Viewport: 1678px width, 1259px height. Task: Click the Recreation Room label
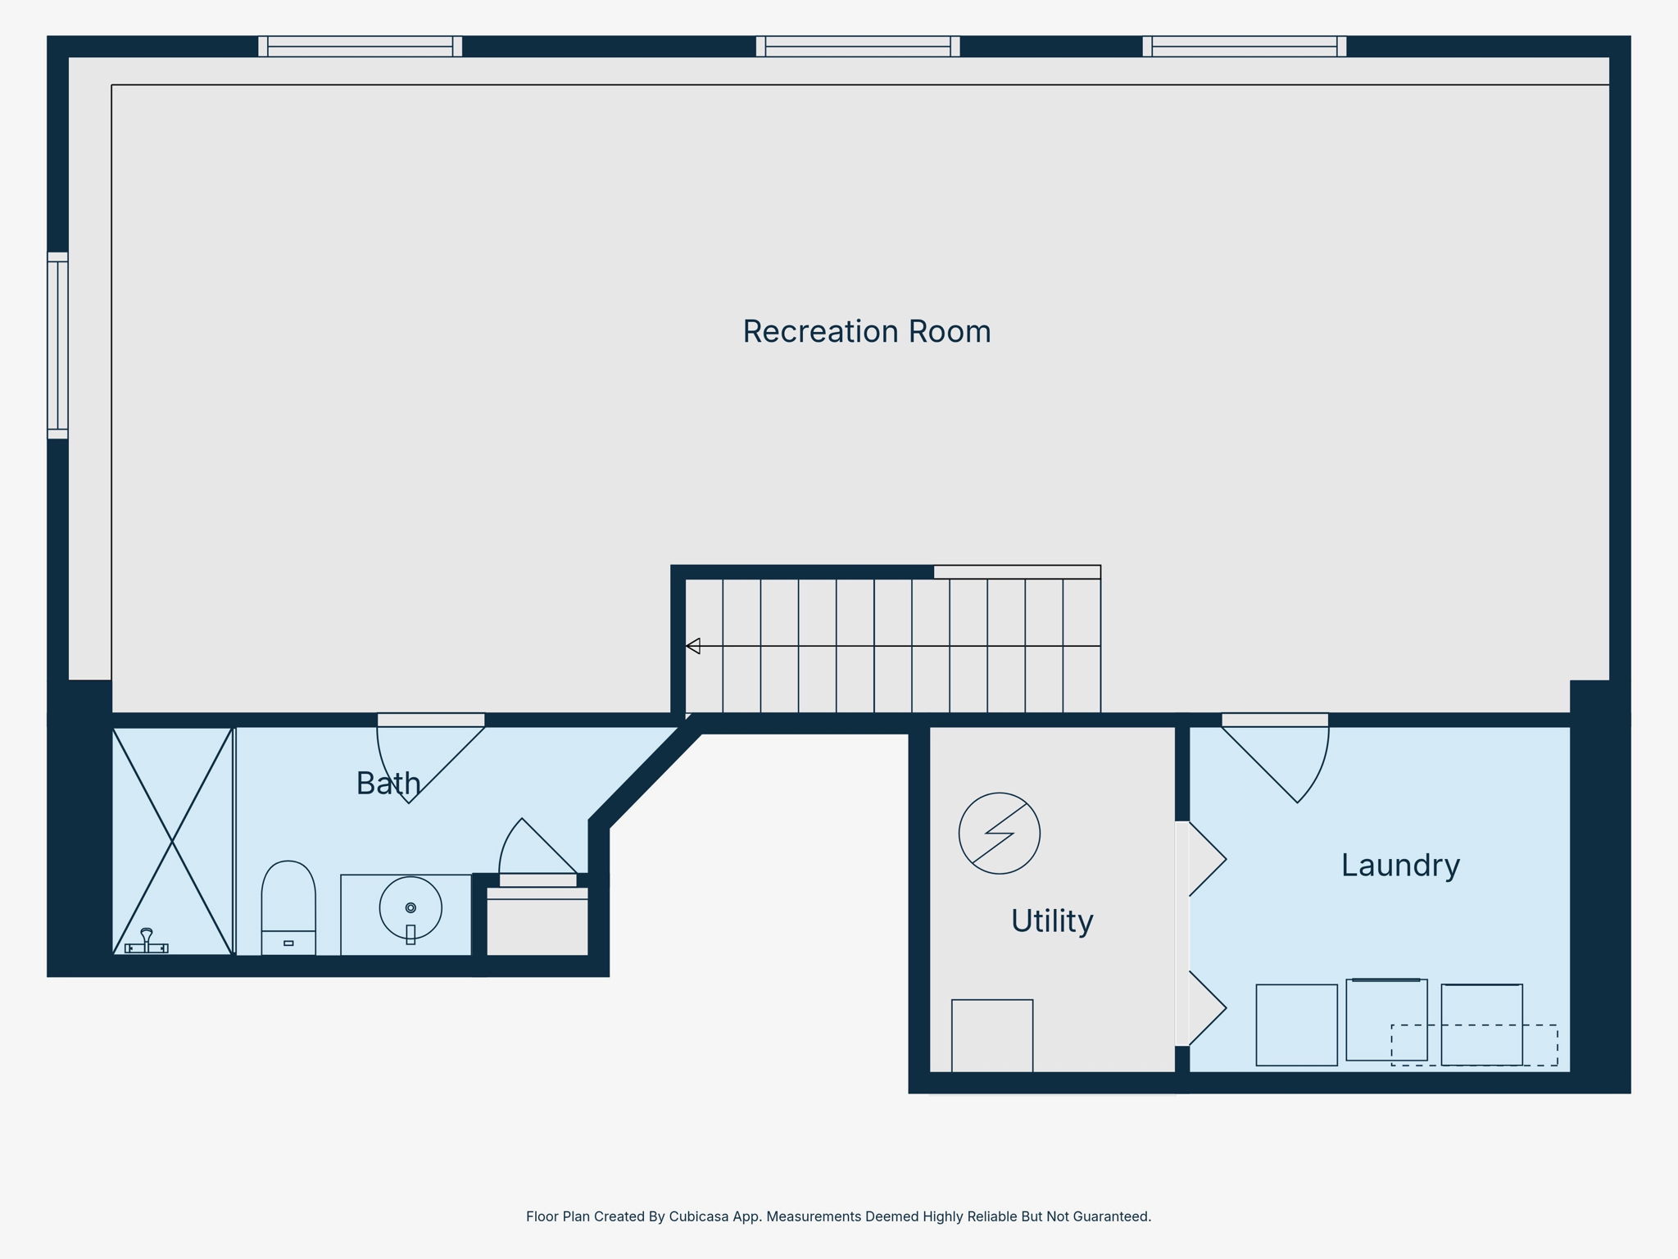(867, 332)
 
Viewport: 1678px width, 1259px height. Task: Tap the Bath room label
(388, 784)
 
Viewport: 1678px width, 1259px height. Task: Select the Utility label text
(1052, 921)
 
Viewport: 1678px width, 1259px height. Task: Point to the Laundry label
(1400, 866)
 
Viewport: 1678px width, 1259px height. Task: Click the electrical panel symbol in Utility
(1000, 833)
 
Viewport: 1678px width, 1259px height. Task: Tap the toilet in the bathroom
(288, 907)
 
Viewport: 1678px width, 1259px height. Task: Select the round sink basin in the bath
(410, 908)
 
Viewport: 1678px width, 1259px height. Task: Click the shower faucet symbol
(146, 941)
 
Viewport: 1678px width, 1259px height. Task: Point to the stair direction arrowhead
(693, 646)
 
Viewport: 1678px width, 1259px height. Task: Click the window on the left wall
(57, 345)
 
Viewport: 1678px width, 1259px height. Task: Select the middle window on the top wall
(858, 47)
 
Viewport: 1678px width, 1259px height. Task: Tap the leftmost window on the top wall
(360, 47)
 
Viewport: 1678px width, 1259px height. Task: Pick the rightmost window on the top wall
(1245, 47)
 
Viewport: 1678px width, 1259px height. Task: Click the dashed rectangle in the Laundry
(1474, 1045)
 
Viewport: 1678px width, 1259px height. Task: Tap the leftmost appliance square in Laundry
(1296, 1025)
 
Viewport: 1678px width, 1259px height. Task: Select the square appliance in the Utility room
(992, 1035)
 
